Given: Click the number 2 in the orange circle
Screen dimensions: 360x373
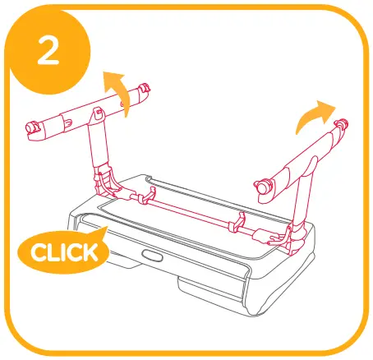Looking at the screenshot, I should click(x=48, y=55).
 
